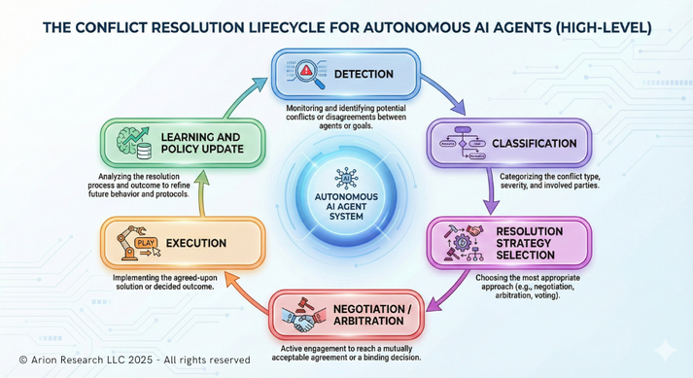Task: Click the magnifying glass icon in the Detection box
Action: click(x=307, y=73)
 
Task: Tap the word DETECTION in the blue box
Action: click(x=364, y=74)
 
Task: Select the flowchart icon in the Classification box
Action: click(x=463, y=143)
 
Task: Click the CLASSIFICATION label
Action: click(x=535, y=143)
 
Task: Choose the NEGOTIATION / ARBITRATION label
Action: click(x=372, y=315)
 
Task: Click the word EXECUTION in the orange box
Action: click(x=196, y=243)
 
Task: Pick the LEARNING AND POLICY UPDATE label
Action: click(x=202, y=143)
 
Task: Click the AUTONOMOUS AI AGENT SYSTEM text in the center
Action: click(x=346, y=206)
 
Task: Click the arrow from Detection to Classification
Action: click(x=446, y=91)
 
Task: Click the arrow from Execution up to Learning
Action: click(x=202, y=193)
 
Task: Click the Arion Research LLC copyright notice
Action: click(x=134, y=360)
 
